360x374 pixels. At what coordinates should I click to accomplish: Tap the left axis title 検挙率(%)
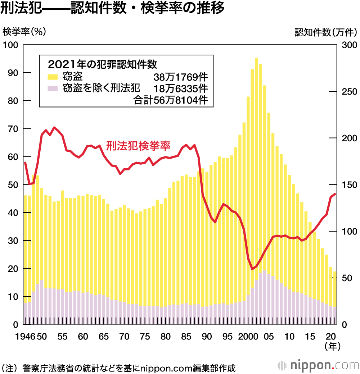pyautogui.click(x=24, y=32)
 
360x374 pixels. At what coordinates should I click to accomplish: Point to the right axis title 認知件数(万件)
pyautogui.click(x=325, y=32)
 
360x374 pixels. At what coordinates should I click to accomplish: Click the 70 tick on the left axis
pyautogui.click(x=13, y=129)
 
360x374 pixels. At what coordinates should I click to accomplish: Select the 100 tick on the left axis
pyautogui.click(x=11, y=45)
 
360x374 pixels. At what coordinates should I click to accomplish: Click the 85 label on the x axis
pyautogui.click(x=186, y=337)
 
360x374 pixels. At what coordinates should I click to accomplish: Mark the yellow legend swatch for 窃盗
pyautogui.click(x=53, y=77)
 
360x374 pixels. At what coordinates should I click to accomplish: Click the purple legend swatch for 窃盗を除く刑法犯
pyautogui.click(x=53, y=88)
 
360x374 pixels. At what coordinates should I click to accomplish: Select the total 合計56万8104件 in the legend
pyautogui.click(x=171, y=100)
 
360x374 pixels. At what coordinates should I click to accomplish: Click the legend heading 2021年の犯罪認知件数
pyautogui.click(x=102, y=64)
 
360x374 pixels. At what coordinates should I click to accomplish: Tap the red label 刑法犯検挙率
pyautogui.click(x=138, y=145)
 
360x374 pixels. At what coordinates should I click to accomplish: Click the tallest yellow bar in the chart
pyautogui.click(x=256, y=180)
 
